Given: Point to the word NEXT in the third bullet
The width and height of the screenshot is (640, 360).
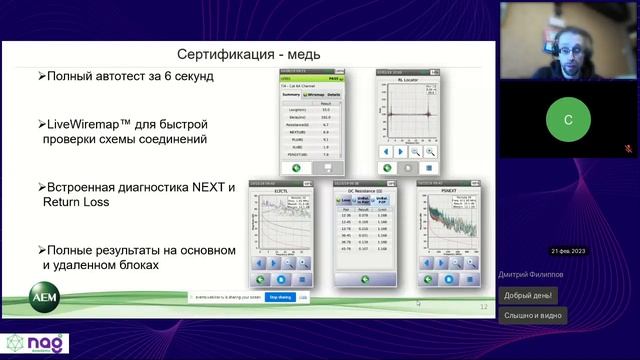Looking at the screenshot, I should [214, 186].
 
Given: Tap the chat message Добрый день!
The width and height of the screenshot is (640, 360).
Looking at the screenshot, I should [529, 295].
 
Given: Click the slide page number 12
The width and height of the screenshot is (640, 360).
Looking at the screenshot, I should [484, 307].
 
